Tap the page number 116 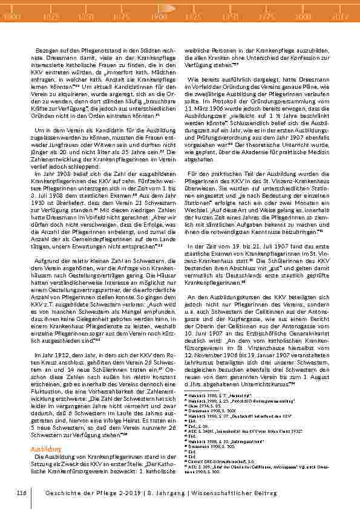(x=22, y=493)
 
